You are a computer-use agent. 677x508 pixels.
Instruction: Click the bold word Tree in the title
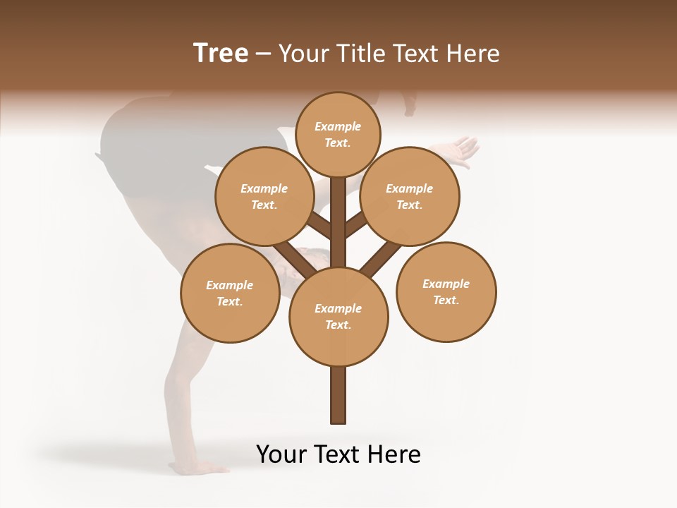click(221, 53)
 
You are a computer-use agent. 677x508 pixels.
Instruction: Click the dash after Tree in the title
click(263, 54)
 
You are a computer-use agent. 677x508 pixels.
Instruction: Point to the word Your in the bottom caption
click(282, 454)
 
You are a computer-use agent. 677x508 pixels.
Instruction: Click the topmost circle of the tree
click(338, 134)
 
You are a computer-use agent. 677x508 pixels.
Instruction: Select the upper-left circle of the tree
click(264, 196)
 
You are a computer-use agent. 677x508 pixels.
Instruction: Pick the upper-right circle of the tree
click(410, 196)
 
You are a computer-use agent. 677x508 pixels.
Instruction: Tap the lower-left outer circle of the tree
click(230, 293)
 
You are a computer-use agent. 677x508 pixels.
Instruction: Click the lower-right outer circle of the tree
click(446, 291)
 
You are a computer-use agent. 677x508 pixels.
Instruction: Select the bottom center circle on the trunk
click(338, 316)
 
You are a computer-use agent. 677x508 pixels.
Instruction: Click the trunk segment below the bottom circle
click(338, 395)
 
